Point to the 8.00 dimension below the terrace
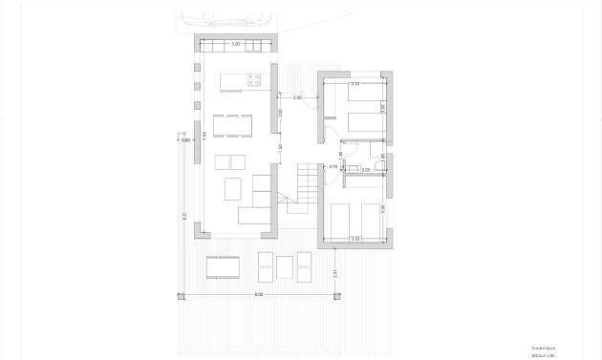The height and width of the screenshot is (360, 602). pos(258,294)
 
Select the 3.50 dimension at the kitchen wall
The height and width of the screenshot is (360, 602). pos(237,44)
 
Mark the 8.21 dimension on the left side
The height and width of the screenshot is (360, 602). pos(184,217)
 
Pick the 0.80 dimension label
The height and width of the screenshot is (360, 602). pos(187,140)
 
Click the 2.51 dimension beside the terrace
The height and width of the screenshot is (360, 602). pos(334,274)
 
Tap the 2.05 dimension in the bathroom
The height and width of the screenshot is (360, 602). pos(366,169)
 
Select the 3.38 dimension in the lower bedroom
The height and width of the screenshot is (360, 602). pos(382,207)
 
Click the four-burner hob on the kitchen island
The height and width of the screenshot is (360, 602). pos(255,82)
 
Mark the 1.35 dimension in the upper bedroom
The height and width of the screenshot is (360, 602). pos(382,109)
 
